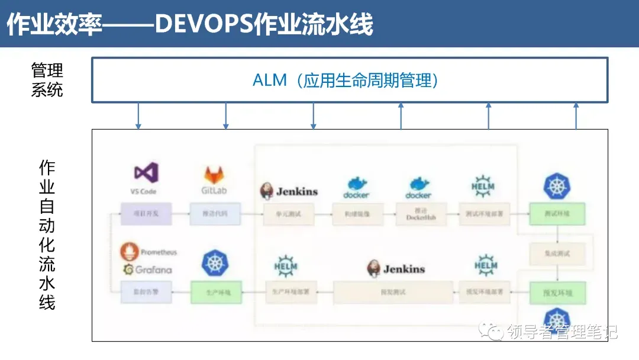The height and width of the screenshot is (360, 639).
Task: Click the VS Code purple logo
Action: (146, 172)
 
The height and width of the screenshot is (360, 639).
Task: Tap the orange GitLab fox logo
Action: (214, 175)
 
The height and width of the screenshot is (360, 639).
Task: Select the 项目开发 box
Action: (146, 214)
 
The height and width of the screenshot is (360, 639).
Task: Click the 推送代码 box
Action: (215, 214)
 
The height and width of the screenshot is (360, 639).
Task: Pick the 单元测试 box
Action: (289, 214)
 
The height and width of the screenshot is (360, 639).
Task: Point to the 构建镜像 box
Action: (357, 214)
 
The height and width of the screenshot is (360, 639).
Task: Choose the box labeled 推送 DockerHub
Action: (418, 214)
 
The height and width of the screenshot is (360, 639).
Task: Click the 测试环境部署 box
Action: (485, 214)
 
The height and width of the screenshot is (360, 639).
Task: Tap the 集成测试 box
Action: (557, 253)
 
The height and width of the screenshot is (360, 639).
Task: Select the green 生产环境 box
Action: (216, 292)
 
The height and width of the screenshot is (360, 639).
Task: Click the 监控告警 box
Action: (146, 292)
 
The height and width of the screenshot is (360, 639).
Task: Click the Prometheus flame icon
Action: (129, 252)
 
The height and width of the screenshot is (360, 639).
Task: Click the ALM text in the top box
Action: (269, 81)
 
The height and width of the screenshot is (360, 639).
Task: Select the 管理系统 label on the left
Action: (47, 81)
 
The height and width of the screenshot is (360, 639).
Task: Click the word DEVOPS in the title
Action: (202, 25)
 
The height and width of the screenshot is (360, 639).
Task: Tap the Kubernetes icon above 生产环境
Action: (215, 263)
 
